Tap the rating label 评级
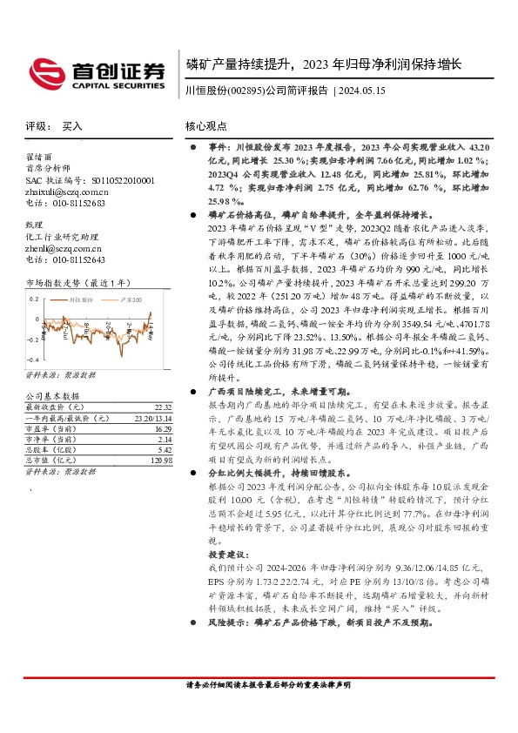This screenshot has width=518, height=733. tap(35, 126)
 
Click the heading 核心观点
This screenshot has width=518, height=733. tap(206, 126)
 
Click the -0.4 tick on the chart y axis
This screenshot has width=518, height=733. tap(33, 359)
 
